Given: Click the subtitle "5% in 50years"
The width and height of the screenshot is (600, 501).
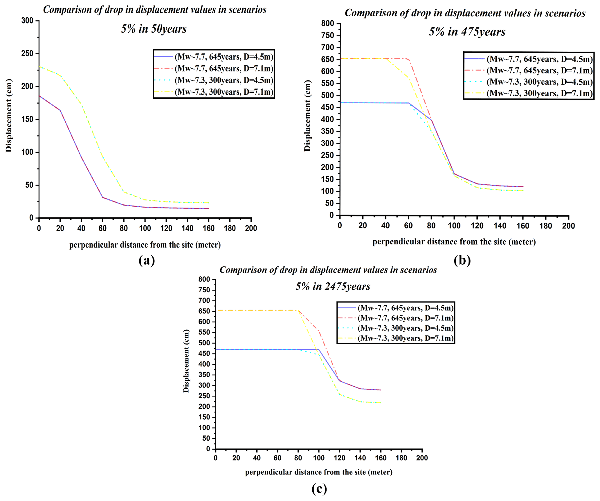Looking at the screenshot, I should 154,29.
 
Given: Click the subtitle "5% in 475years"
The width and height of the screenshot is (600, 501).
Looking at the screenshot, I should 467,32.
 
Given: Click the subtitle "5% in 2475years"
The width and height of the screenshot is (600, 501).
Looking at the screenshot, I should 333,286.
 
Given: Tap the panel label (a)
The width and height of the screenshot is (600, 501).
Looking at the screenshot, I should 147,260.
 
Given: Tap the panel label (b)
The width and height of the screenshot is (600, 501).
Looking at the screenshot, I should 462,260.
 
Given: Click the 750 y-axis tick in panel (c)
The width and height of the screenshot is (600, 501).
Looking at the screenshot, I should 204,290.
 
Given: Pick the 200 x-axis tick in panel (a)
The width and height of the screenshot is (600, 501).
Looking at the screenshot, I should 251,228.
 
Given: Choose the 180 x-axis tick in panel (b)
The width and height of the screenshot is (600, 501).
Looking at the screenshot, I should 546,226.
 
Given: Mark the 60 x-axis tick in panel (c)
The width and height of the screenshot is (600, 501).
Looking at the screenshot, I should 278,458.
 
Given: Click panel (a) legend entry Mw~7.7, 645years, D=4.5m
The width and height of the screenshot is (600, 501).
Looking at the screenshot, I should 224,57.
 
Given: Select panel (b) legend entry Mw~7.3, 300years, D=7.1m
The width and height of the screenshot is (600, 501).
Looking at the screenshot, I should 539,93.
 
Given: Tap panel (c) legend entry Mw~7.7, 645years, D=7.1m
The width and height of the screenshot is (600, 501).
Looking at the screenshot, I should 405,318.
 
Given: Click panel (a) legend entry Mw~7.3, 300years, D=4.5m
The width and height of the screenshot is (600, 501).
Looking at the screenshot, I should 224,80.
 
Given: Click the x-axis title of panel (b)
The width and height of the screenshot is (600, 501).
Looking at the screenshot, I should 454,242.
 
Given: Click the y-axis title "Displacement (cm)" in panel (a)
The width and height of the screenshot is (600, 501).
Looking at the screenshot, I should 9,115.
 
